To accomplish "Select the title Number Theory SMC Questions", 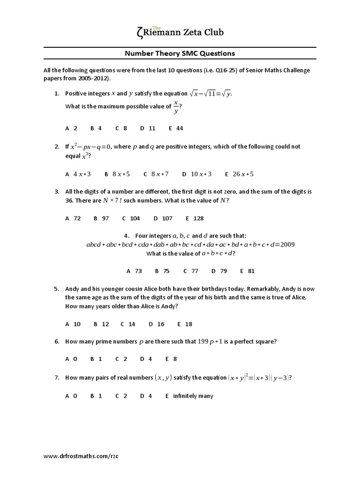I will (x=180, y=53).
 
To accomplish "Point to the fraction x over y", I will (x=176, y=107).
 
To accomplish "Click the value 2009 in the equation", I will (x=285, y=245).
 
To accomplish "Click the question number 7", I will (x=56, y=377).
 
